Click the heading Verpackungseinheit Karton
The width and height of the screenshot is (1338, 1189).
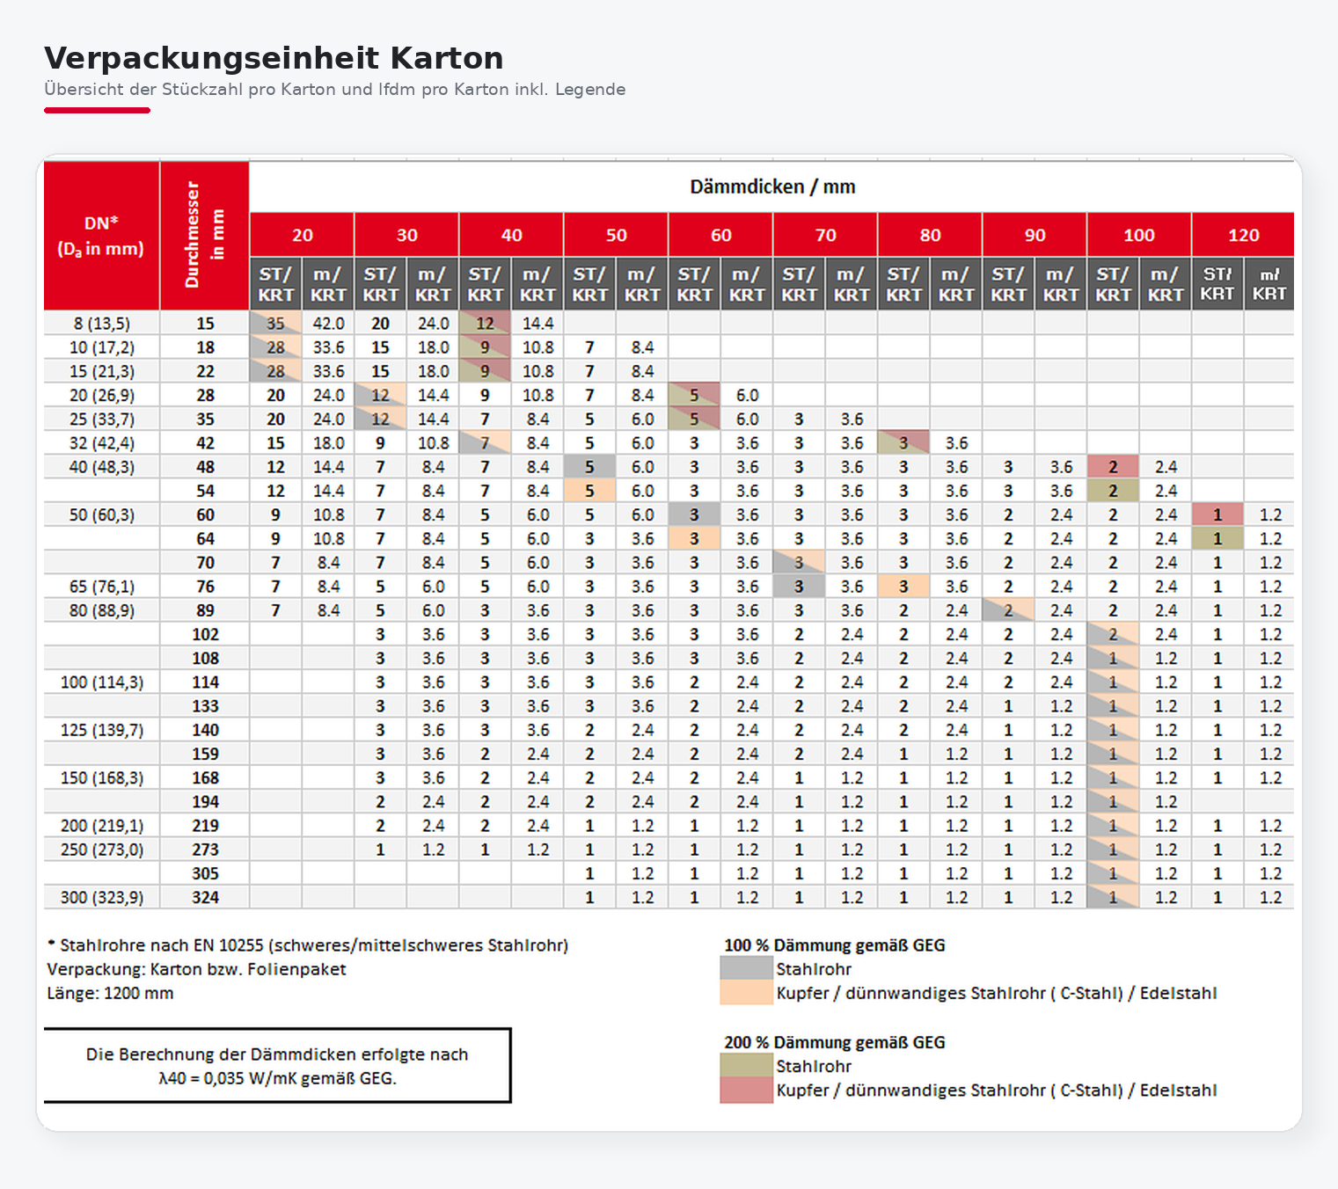pos(274,58)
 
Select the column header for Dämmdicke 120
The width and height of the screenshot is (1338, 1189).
pos(1243,235)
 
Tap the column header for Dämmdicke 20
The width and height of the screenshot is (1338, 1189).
pos(302,235)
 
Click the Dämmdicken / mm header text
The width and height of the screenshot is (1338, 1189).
pos(771,186)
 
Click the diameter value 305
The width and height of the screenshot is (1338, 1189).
pos(205,873)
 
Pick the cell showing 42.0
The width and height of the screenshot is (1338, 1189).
pos(328,324)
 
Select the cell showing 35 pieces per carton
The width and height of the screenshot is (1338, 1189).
pos(275,324)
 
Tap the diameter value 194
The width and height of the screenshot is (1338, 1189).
pos(205,801)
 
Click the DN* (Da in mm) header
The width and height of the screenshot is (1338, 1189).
pos(101,236)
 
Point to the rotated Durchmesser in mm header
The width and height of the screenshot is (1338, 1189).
pos(204,235)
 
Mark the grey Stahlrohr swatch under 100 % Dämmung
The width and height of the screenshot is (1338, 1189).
pos(746,968)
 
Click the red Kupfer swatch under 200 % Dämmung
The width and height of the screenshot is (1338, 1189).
pos(746,1091)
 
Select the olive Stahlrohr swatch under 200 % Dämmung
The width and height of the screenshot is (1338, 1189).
pos(746,1066)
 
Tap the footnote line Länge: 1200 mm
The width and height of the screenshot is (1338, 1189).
pos(110,993)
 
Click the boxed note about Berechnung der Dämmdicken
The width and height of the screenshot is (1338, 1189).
pos(277,1066)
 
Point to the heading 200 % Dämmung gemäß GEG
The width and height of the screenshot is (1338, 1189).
pos(834,1042)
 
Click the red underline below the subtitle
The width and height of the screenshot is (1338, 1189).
pos(97,110)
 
